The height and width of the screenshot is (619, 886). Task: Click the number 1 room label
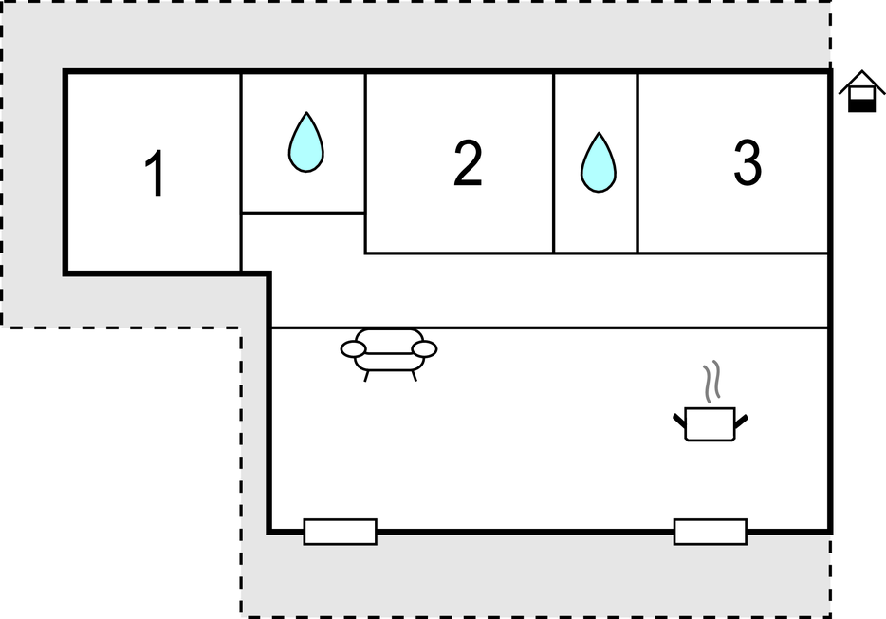click(x=155, y=173)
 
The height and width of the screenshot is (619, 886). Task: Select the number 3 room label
click(x=747, y=162)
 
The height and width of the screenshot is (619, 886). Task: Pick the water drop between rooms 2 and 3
click(x=599, y=162)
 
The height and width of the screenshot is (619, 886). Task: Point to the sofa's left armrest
click(x=353, y=349)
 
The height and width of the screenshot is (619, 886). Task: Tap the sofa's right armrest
click(x=424, y=349)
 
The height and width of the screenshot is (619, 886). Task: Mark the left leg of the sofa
click(x=367, y=375)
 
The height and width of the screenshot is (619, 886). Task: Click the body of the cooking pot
click(x=710, y=424)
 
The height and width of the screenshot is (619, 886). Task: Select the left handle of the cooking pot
click(x=679, y=420)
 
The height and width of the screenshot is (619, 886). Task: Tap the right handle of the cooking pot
click(x=741, y=420)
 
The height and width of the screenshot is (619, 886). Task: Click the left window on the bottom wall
click(x=341, y=532)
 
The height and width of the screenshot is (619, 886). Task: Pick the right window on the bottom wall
click(x=711, y=532)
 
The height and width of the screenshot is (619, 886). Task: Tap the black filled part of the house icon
click(x=861, y=105)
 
